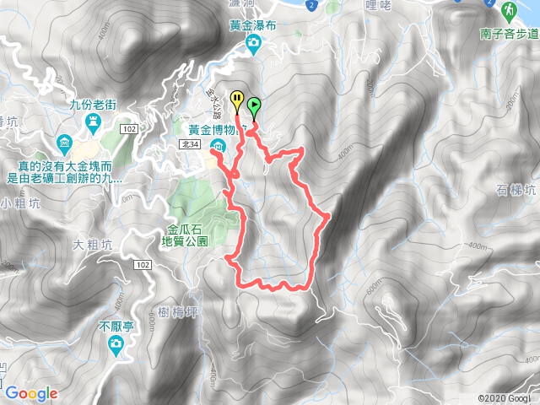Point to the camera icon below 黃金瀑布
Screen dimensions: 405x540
[x=252, y=46]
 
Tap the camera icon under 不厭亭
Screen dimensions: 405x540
[x=115, y=343]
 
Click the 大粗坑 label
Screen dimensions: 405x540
[x=92, y=246]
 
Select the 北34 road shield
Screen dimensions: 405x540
[x=190, y=145]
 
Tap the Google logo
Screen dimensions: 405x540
[x=30, y=392]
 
